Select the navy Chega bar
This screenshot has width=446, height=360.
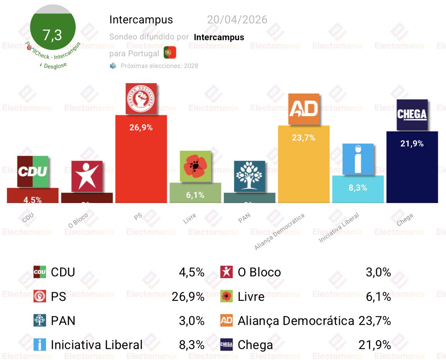coord(412,171)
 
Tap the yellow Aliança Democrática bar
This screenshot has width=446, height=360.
coord(304,167)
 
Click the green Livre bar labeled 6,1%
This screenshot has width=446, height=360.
coord(195,193)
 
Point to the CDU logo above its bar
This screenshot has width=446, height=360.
coord(33,171)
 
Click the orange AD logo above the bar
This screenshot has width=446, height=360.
coord(304,109)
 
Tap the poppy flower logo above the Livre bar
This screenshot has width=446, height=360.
coord(195,166)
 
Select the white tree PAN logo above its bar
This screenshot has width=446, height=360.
coord(249,176)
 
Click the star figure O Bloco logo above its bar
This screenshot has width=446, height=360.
coord(87,176)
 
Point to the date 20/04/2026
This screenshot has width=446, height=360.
coord(237,20)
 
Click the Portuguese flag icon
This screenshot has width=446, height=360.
coord(170,53)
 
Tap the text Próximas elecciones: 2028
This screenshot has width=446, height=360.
coord(159,66)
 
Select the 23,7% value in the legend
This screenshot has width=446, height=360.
coord(375,321)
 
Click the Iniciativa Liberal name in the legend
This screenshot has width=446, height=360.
coord(97,345)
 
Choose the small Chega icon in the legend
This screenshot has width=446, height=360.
coord(226,345)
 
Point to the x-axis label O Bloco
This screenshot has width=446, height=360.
coord(78,219)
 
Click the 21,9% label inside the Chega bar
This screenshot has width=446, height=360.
coord(412,144)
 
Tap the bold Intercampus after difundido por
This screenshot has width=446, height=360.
coord(219,37)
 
